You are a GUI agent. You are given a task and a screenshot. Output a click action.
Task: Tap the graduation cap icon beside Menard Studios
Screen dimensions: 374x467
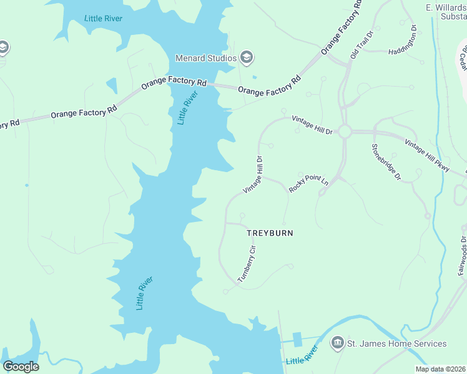tap(247, 58)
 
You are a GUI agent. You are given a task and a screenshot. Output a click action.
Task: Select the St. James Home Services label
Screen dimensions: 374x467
tap(396, 343)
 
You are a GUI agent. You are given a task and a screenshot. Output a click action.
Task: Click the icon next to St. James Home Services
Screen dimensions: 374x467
tap(337, 343)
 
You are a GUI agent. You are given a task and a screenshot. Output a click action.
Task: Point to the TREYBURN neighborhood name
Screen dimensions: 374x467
tap(270, 233)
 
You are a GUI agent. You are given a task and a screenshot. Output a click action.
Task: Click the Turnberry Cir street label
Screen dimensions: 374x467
tap(247, 264)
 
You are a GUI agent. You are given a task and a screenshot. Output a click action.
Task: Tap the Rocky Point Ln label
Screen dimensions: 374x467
tap(308, 184)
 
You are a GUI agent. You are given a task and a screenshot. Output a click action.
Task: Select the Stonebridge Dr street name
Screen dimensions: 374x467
tap(386, 162)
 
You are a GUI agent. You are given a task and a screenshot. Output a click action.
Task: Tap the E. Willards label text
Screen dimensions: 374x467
tap(446, 7)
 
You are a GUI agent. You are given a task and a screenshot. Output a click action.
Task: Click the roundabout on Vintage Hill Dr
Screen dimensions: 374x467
tap(344, 132)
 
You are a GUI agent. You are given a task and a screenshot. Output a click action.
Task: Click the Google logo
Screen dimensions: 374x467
tap(21, 367)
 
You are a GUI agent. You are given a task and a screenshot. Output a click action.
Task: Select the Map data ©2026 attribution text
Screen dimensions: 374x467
tap(440, 369)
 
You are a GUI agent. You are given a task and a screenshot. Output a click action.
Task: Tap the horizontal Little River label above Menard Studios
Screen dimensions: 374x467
tap(103, 18)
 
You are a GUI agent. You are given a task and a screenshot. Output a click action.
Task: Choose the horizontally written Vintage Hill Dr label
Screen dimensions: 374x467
tap(315, 128)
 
